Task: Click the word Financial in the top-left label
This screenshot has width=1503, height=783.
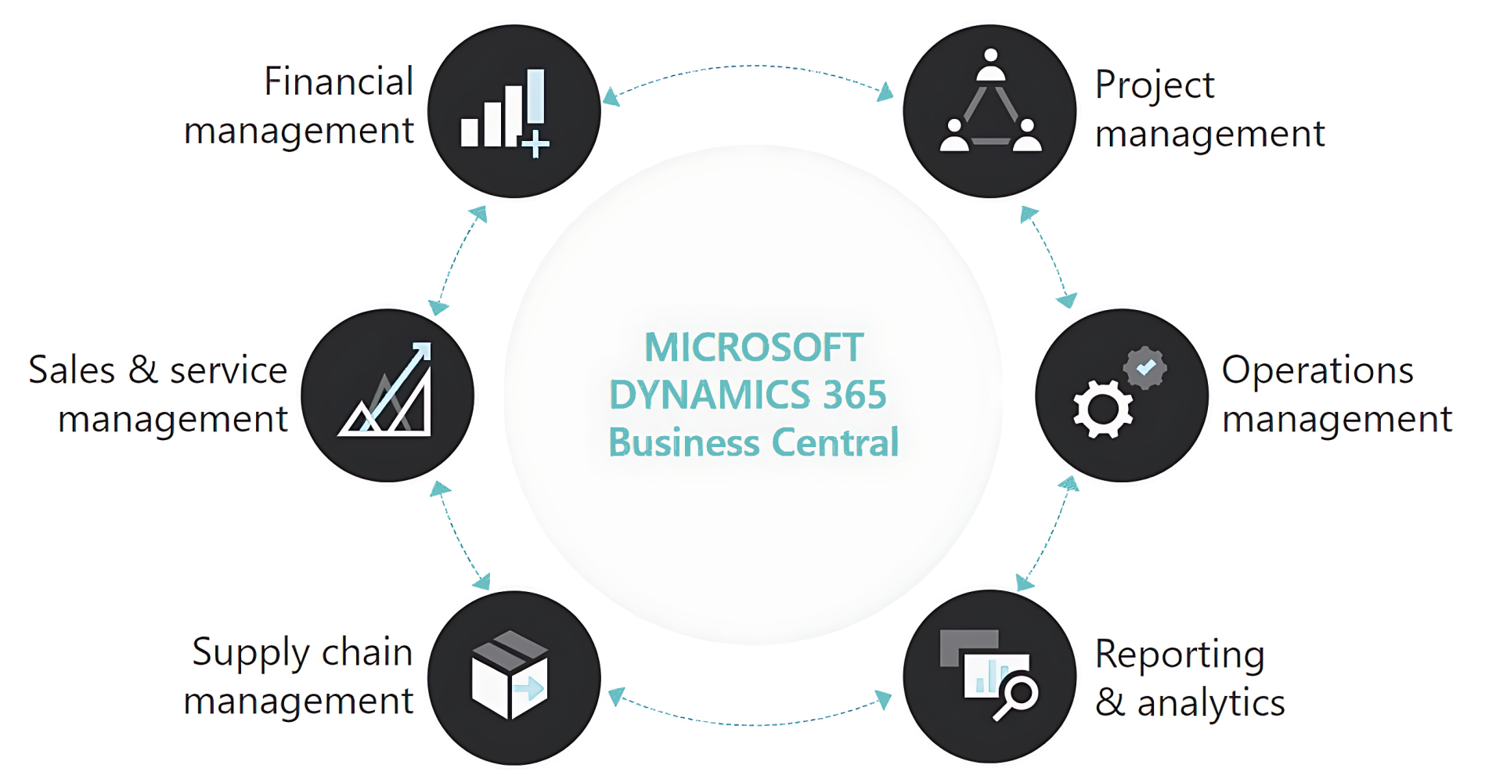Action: point(338,81)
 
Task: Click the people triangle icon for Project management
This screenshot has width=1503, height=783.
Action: point(990,106)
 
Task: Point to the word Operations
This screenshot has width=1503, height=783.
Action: point(1317,370)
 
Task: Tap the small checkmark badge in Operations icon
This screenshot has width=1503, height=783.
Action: point(1145,367)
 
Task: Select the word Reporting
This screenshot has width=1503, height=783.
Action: point(1180,655)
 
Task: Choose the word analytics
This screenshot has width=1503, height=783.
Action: point(1211,703)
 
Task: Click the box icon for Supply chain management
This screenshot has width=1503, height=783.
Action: point(510,674)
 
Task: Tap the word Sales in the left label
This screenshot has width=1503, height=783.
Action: point(71,370)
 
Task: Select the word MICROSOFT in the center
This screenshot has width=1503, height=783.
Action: point(754,348)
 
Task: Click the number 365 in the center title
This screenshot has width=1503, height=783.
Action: point(854,395)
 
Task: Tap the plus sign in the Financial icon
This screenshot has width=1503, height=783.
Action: point(535,145)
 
